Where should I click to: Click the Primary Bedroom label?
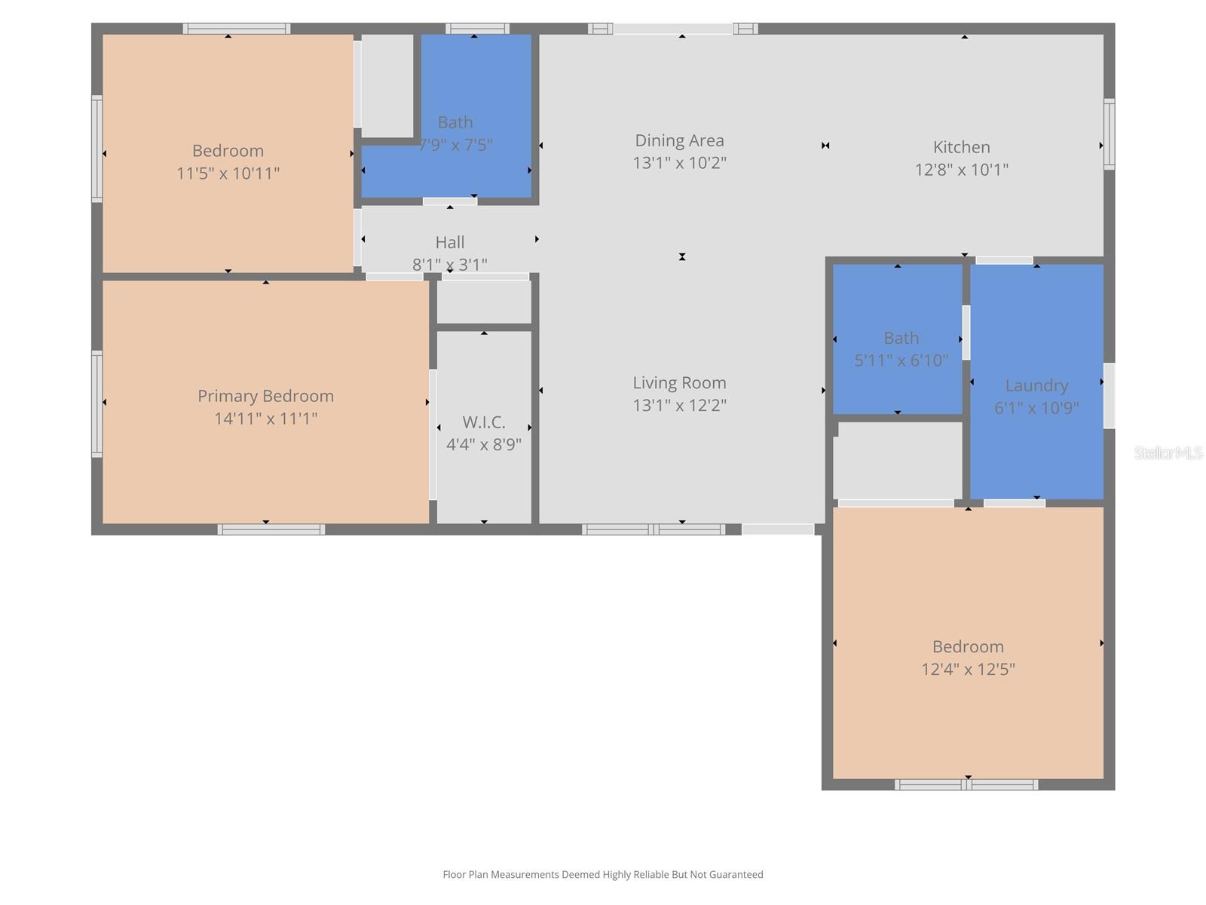pos(265,396)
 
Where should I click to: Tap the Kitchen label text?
pos(961,147)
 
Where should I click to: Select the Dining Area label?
pos(679,140)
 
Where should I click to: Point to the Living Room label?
pos(679,382)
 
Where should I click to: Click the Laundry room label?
pos(1036,385)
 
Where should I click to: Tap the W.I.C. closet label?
pos(483,422)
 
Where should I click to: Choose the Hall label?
pos(449,242)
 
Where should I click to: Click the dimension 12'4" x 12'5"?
pos(968,669)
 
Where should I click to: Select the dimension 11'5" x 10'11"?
pos(228,173)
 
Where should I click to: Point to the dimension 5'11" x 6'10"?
pos(901,360)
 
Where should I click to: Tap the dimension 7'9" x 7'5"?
pos(455,145)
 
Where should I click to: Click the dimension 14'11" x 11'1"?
pos(265,418)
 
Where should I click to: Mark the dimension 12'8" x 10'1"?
pos(961,169)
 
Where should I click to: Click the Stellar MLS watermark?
pos(1168,452)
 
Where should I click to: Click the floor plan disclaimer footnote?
pos(603,874)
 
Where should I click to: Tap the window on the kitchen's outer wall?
pos(1110,134)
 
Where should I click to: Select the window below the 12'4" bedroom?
pos(966,784)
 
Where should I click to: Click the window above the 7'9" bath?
pos(477,29)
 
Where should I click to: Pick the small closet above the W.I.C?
pos(484,302)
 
